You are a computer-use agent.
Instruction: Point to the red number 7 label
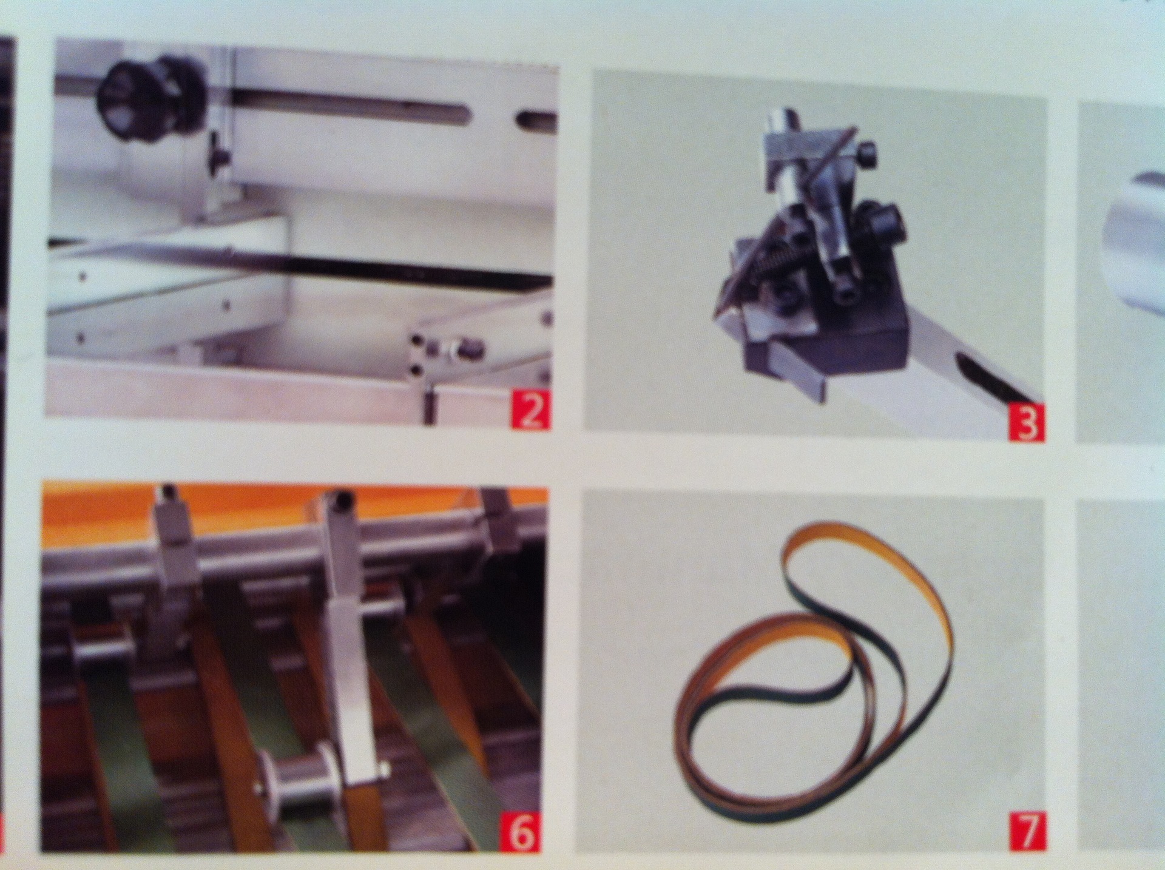coord(1027,832)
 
